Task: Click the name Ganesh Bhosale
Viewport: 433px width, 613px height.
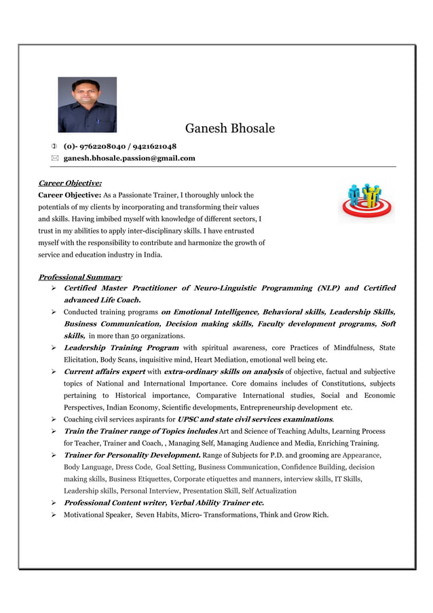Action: click(x=229, y=129)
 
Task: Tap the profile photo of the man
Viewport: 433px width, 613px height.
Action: click(x=87, y=105)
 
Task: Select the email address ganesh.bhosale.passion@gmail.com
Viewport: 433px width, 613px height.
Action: click(x=129, y=158)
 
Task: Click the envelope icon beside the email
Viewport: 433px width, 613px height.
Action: click(x=54, y=158)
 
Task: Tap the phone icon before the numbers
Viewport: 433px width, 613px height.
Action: click(x=54, y=146)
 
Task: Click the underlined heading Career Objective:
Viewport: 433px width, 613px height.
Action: click(x=70, y=183)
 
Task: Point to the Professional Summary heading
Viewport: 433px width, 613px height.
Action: click(x=80, y=277)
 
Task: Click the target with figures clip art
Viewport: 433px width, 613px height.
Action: click(x=366, y=200)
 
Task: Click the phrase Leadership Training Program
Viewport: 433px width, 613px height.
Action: click(x=121, y=348)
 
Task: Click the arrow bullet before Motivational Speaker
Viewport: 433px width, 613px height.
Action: click(x=53, y=515)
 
